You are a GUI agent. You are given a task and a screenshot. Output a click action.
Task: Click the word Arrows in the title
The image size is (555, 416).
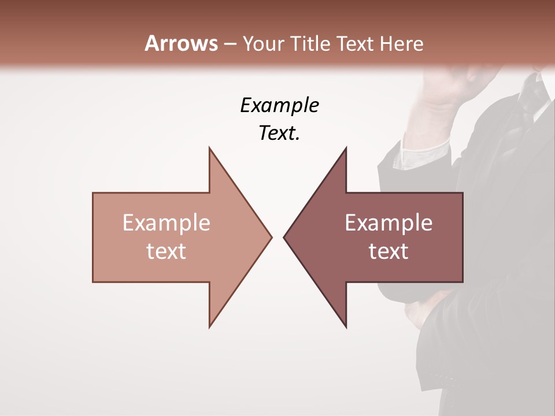[x=181, y=43]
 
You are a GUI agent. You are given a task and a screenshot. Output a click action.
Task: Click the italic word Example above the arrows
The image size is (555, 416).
[x=279, y=105]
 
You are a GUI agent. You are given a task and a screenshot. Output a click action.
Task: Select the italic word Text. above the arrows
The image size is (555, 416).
[x=279, y=133]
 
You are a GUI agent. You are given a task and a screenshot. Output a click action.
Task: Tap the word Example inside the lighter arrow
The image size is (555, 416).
[x=166, y=222]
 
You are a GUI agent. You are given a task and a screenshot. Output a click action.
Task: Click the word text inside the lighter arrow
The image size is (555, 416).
[x=166, y=251]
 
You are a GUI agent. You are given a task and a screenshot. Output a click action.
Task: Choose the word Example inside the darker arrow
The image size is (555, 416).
[x=388, y=222]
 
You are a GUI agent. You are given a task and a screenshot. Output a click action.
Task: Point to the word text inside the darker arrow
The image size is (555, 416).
[x=388, y=251]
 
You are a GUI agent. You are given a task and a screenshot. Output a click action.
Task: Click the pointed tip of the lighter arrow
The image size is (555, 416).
[x=271, y=237]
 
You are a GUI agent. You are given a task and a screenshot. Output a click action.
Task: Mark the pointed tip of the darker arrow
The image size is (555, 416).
[x=285, y=237]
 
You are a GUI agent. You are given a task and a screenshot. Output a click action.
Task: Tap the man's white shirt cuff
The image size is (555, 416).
[x=425, y=153]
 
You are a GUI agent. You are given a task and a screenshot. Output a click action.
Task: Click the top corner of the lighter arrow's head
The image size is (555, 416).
[x=210, y=148]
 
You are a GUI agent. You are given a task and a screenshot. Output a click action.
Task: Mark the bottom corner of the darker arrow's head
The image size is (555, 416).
[x=346, y=327]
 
